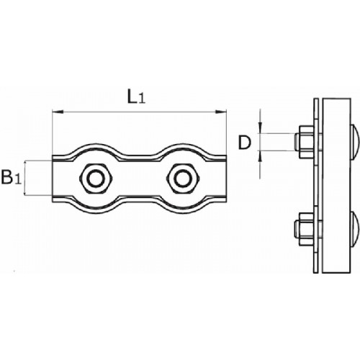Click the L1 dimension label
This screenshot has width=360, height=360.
pyautogui.click(x=136, y=97)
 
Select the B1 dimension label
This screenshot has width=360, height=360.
pyautogui.click(x=11, y=177)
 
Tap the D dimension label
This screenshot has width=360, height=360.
pyautogui.click(x=244, y=143)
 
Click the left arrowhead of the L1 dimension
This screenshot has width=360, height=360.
pyautogui.click(x=58, y=112)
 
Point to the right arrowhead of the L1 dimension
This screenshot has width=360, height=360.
pyautogui.click(x=221, y=112)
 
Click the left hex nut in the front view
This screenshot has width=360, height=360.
pyautogui.click(x=96, y=179)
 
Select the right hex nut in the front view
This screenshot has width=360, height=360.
pyautogui.click(x=183, y=179)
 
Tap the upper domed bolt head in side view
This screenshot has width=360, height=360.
pyautogui.click(x=355, y=143)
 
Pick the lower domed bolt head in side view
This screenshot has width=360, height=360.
pyautogui.click(x=355, y=230)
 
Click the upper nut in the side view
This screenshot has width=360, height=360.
pyautogui.click(x=307, y=142)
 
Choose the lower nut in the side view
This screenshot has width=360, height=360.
pyautogui.click(x=307, y=229)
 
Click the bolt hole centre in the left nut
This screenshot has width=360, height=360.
pyautogui.click(x=96, y=179)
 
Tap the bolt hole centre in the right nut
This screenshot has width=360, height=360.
pyautogui.click(x=183, y=179)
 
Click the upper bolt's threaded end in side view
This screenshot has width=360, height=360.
pyautogui.click(x=297, y=142)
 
